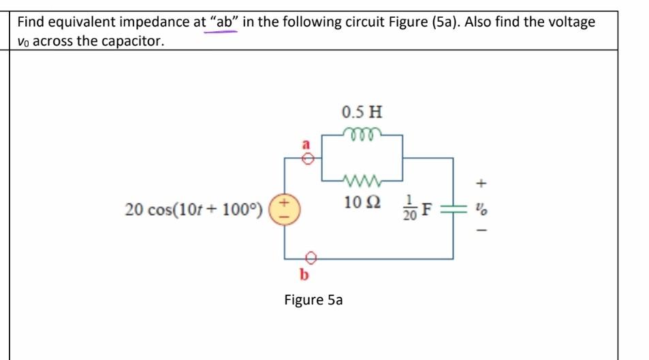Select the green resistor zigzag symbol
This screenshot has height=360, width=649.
(x=362, y=180)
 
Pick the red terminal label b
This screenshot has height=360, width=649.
(x=304, y=275)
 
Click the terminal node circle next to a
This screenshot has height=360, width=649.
(x=308, y=159)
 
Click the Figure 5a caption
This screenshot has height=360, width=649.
(x=313, y=299)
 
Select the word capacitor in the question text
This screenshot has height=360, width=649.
(x=129, y=41)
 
